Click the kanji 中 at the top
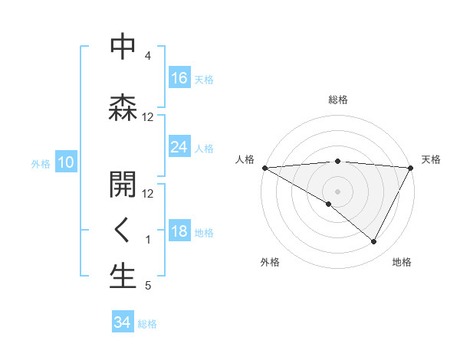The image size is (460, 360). coord(123,47)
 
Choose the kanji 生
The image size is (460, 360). coord(123,277)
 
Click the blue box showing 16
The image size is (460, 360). coord(179,77)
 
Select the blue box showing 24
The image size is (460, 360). coord(179,147)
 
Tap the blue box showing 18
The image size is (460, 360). coord(179,232)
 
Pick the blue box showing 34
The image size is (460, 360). coord(123,322)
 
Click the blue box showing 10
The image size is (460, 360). coord(65,162)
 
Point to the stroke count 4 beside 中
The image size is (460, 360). coord(147,56)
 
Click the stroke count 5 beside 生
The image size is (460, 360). coord(147,286)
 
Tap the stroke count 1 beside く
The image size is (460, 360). coord(147,240)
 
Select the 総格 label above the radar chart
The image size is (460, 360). coord(337,100)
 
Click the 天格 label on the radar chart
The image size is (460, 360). coord(432,159)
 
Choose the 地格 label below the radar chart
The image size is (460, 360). coord(402,262)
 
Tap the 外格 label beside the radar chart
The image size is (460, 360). coord(269,262)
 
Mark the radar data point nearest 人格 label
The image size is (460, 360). coord(264,167)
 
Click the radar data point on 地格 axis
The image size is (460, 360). coord(374,242)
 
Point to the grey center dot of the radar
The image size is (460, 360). coord(337,191)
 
